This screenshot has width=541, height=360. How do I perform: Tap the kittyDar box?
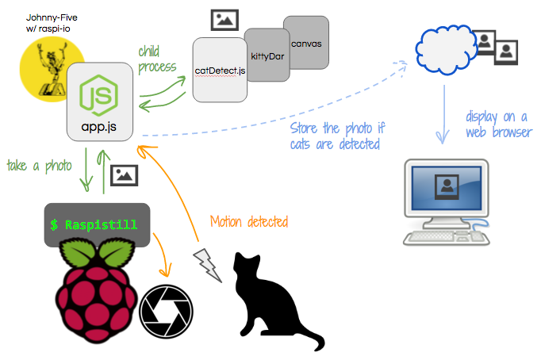coord(264,57)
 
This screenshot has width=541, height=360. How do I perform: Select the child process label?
coord(156,60)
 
